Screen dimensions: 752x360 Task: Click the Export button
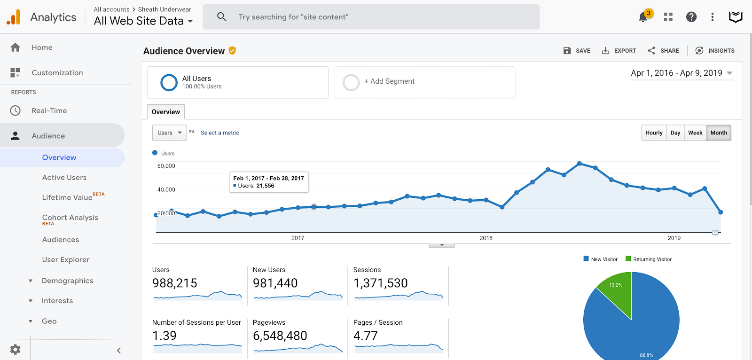pos(619,51)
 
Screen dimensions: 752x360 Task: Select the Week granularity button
pos(695,133)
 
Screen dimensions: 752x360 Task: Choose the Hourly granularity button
pos(654,133)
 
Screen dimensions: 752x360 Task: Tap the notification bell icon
pos(643,17)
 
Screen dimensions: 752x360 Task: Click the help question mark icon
pos(691,17)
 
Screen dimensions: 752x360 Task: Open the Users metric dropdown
pos(170,133)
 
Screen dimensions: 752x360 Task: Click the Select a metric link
pos(220,133)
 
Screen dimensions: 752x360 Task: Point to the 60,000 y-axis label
pos(166,165)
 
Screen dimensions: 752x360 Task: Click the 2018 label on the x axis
pos(486,238)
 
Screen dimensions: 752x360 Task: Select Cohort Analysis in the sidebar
pos(70,218)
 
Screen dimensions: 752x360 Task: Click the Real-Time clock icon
pos(15,110)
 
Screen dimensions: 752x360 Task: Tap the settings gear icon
pos(15,349)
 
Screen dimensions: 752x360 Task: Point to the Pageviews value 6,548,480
pos(280,336)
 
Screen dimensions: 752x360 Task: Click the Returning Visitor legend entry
pos(649,259)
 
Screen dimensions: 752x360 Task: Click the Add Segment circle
pos(351,83)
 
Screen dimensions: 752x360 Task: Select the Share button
pos(663,51)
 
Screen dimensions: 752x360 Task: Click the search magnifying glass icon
pos(221,16)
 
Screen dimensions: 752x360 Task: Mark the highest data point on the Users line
pos(580,164)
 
